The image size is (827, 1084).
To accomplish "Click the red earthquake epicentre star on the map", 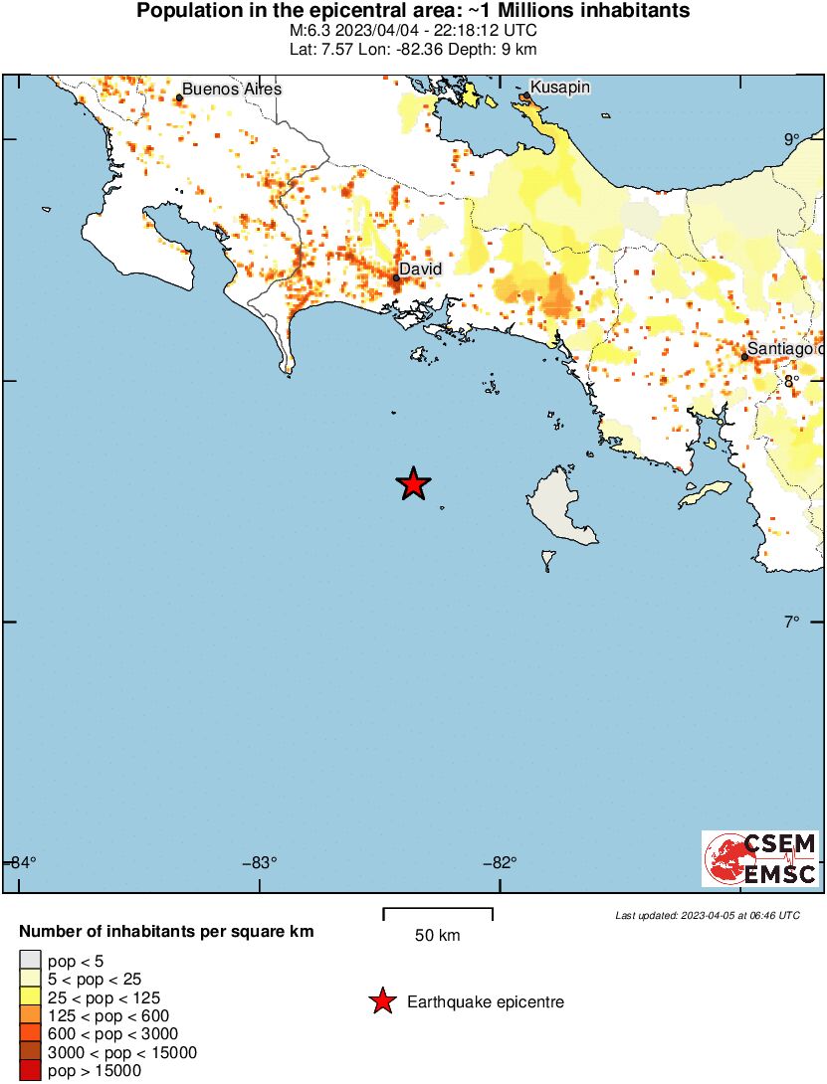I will click(x=413, y=484).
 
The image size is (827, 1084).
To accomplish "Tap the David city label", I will click(x=420, y=269).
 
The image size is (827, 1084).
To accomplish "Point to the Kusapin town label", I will click(x=560, y=88).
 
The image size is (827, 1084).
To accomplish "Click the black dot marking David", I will click(x=396, y=278).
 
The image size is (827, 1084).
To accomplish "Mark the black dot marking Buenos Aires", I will click(x=179, y=97).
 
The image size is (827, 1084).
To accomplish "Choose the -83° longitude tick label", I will click(x=260, y=862).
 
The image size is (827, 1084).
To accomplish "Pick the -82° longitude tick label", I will click(x=500, y=862).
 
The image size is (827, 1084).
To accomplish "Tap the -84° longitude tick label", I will click(x=21, y=862).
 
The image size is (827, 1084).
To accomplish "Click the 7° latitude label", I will click(x=791, y=623).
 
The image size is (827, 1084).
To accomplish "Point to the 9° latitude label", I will click(x=791, y=140).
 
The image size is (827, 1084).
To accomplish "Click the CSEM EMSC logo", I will click(x=760, y=859).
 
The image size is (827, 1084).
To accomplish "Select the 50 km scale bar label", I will click(x=438, y=936).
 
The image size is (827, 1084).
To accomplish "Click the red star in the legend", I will click(x=382, y=1002).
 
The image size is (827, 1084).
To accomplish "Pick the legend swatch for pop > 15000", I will click(x=30, y=1071).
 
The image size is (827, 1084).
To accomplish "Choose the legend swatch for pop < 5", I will click(x=30, y=961).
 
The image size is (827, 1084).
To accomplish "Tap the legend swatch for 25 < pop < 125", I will click(x=30, y=997).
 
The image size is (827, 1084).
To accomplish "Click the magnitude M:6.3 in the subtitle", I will click(x=304, y=30).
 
